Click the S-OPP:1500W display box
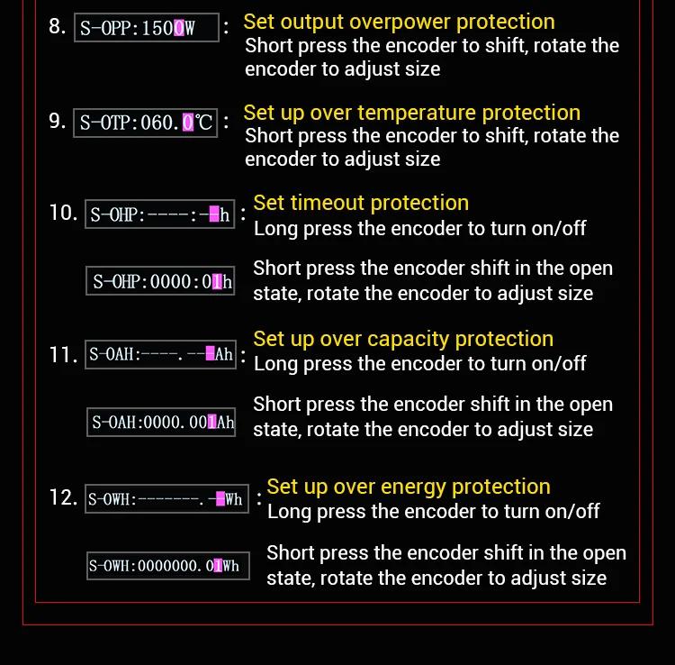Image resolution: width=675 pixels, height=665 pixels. [147, 28]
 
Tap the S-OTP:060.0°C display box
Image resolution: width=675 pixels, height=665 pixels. [146, 123]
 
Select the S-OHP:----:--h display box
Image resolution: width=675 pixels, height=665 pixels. [159, 214]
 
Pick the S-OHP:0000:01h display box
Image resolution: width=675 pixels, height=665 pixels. [160, 281]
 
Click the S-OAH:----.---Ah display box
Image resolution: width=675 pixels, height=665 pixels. [160, 354]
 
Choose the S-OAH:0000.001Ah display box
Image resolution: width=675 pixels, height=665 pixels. [161, 422]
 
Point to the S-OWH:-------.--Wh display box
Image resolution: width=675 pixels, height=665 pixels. [167, 498]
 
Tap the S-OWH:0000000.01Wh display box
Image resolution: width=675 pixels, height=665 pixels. [168, 566]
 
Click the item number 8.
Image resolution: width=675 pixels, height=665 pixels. [58, 26]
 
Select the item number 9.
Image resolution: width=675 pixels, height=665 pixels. [58, 121]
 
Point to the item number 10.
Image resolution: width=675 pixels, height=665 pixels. [63, 213]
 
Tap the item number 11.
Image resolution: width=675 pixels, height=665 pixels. [63, 355]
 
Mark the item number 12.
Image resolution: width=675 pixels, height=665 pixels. [63, 497]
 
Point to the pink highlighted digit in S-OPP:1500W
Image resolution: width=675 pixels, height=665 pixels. [179, 28]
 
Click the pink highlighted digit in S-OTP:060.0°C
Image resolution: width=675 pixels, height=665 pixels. [188, 123]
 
